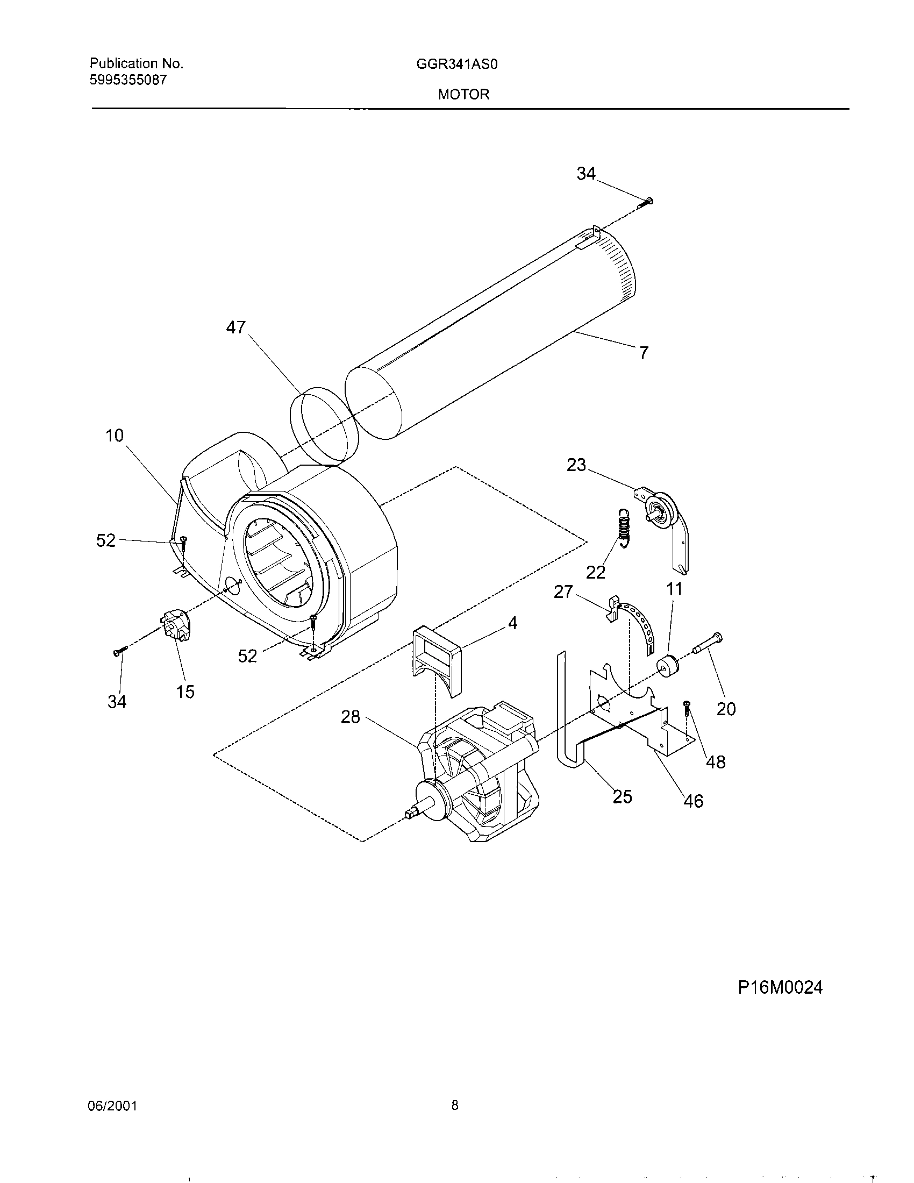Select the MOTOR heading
pyautogui.click(x=463, y=94)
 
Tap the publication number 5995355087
pyautogui.click(x=128, y=80)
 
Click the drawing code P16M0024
pyautogui.click(x=780, y=987)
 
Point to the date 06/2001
pyautogui.click(x=112, y=1106)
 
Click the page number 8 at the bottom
pyautogui.click(x=455, y=1104)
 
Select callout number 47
pyautogui.click(x=235, y=327)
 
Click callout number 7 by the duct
pyautogui.click(x=643, y=353)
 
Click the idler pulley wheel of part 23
pyautogui.click(x=661, y=511)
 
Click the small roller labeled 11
pyautogui.click(x=668, y=666)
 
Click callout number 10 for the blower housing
pyautogui.click(x=114, y=435)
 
